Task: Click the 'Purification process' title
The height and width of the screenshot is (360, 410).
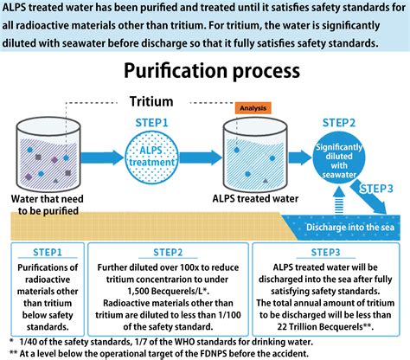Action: pyautogui.click(x=204, y=68)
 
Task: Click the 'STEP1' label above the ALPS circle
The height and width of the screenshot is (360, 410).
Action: pyautogui.click(x=152, y=124)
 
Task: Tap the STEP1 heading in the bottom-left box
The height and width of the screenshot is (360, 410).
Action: pyautogui.click(x=48, y=253)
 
